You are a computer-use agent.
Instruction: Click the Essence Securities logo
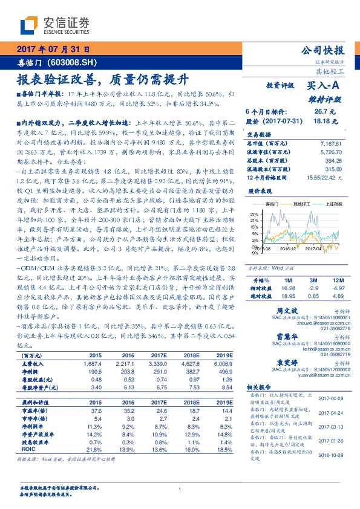(x=55, y=25)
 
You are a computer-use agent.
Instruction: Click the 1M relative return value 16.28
(x=287, y=289)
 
